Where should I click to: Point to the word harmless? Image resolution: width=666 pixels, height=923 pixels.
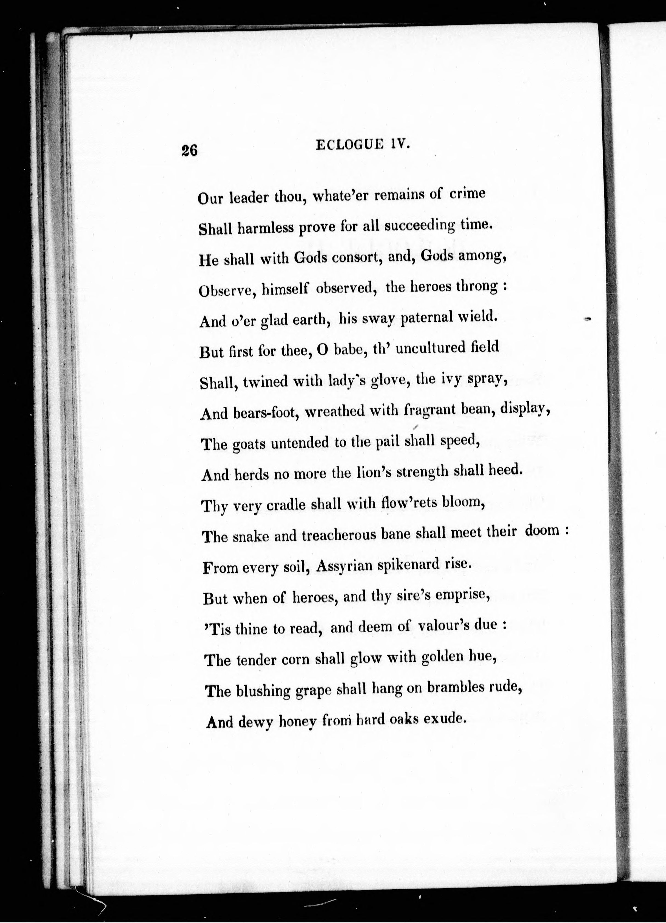click(265, 228)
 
